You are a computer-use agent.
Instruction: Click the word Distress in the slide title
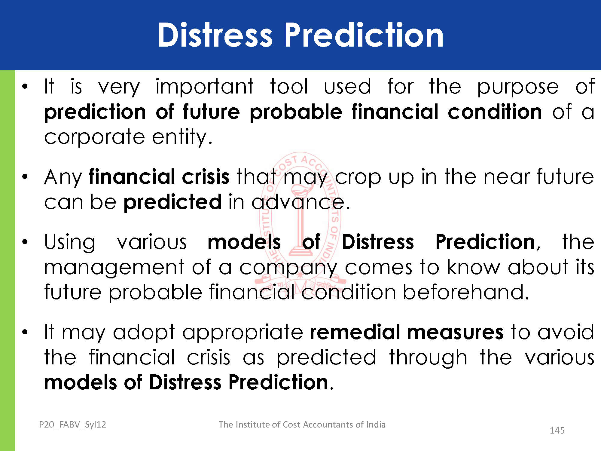215,35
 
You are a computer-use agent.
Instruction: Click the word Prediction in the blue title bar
364,35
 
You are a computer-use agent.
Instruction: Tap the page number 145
557,431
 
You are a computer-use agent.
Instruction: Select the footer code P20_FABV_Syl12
72,425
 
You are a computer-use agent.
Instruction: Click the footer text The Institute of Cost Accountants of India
302,425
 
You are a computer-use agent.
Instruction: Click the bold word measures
455,333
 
